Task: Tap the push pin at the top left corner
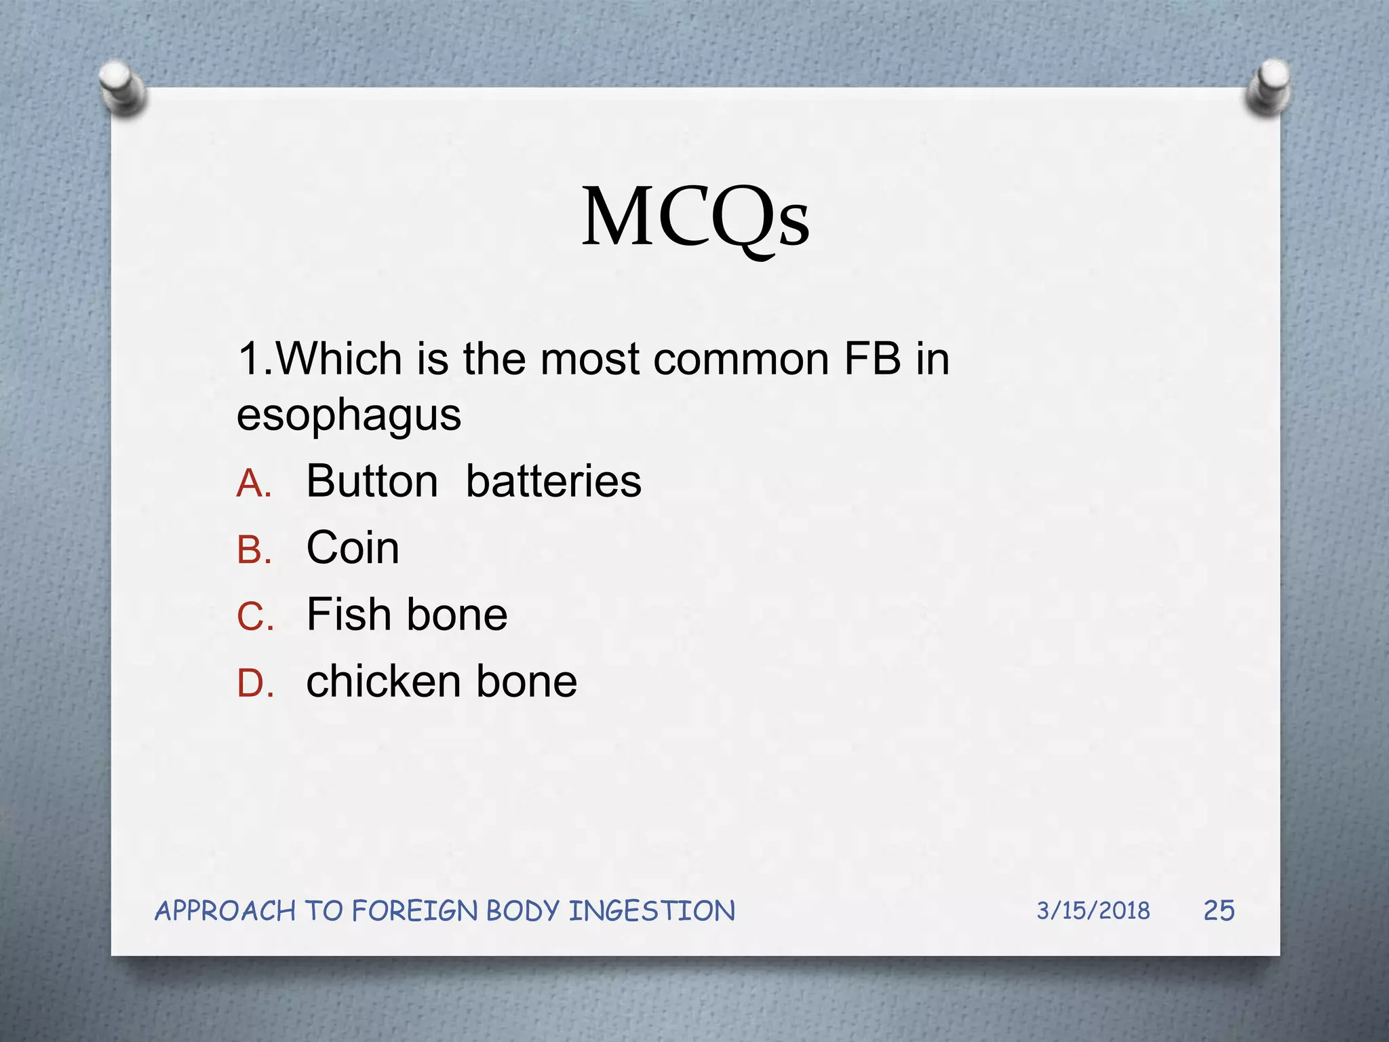pos(122,87)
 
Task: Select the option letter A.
pos(254,484)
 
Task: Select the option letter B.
pos(254,550)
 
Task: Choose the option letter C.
pos(255,617)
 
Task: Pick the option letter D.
pos(255,684)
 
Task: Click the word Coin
pos(353,547)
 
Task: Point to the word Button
pos(372,482)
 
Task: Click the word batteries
pos(553,482)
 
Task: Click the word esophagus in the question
pos(349,415)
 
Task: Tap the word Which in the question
pos(339,358)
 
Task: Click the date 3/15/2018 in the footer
pos(1093,910)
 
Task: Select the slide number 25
pos(1219,910)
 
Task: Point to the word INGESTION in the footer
pos(651,911)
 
